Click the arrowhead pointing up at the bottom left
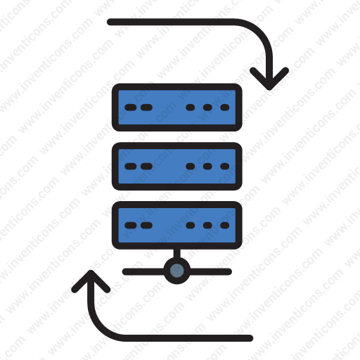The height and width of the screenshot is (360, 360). pos(91,281)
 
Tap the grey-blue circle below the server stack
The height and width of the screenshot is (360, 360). pos(177,271)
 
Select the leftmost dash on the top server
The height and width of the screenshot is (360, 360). pos(131,108)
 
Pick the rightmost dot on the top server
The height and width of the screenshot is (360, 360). pos(225,108)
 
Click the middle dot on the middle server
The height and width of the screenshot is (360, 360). pos(207,166)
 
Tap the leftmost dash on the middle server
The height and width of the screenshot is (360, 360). pos(131,166)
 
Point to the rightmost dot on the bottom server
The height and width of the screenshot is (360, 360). pos(225,225)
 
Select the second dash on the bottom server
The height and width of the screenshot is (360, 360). pos(146,225)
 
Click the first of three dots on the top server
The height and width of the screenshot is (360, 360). pos(190,108)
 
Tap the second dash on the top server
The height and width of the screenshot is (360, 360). pos(146,108)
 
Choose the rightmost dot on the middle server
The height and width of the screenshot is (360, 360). pos(225,166)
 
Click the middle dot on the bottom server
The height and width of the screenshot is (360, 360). pos(207,225)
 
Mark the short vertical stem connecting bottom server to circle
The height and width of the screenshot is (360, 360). pos(177,254)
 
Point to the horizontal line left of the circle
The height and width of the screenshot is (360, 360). pos(143,271)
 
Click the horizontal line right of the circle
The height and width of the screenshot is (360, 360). pos(210,271)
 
